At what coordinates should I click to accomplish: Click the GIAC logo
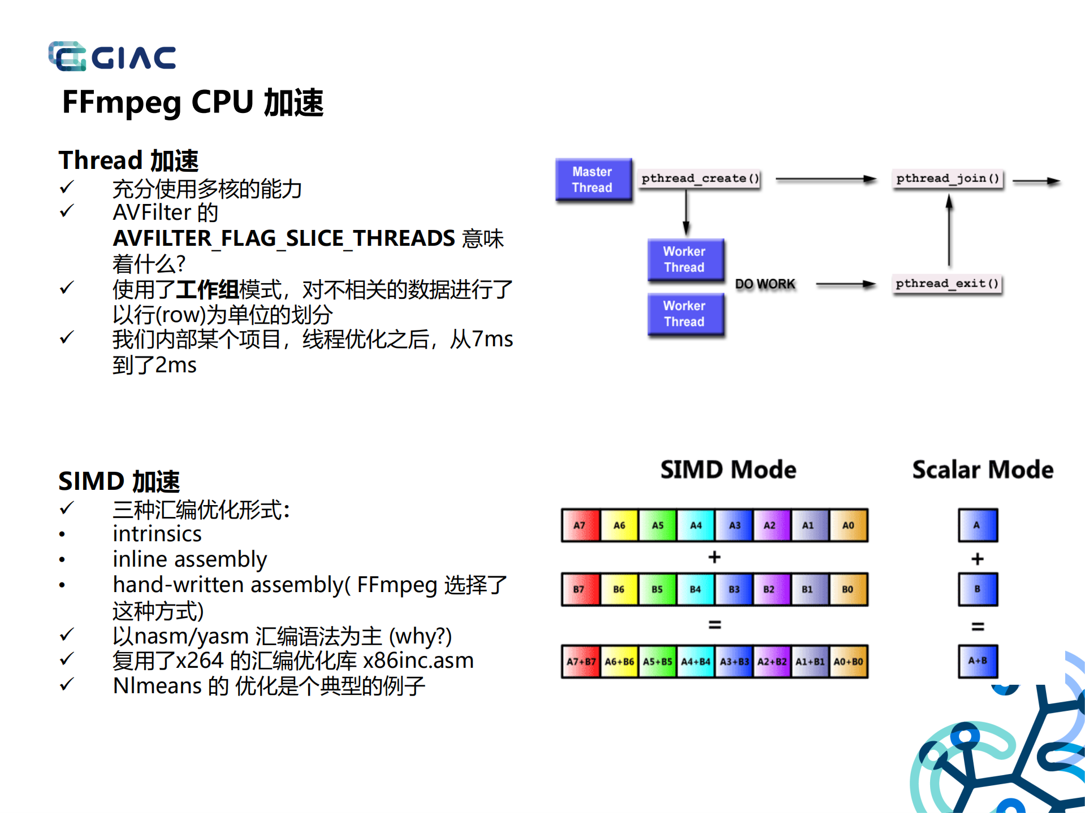[112, 56]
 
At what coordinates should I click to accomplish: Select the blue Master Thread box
[593, 180]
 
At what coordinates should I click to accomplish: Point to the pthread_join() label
[948, 179]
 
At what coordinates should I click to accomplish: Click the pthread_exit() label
[947, 284]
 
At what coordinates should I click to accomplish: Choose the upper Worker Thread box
[685, 259]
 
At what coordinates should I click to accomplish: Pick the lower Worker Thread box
[685, 314]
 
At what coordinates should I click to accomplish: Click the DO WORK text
[765, 284]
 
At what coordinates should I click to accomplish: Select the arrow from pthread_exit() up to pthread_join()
[949, 232]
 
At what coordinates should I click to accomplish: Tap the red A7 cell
[580, 525]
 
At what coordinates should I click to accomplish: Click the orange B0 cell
[848, 589]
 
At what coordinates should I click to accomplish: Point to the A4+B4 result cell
[695, 662]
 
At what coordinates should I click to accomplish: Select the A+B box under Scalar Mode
[978, 661]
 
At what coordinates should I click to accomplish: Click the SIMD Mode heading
[728, 470]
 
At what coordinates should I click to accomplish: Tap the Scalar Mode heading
[983, 470]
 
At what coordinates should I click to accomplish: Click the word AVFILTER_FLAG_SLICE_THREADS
[284, 238]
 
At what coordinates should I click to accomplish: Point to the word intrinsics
[157, 534]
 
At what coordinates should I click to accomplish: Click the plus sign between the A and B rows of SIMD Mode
[715, 557]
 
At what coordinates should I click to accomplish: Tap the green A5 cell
[658, 525]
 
